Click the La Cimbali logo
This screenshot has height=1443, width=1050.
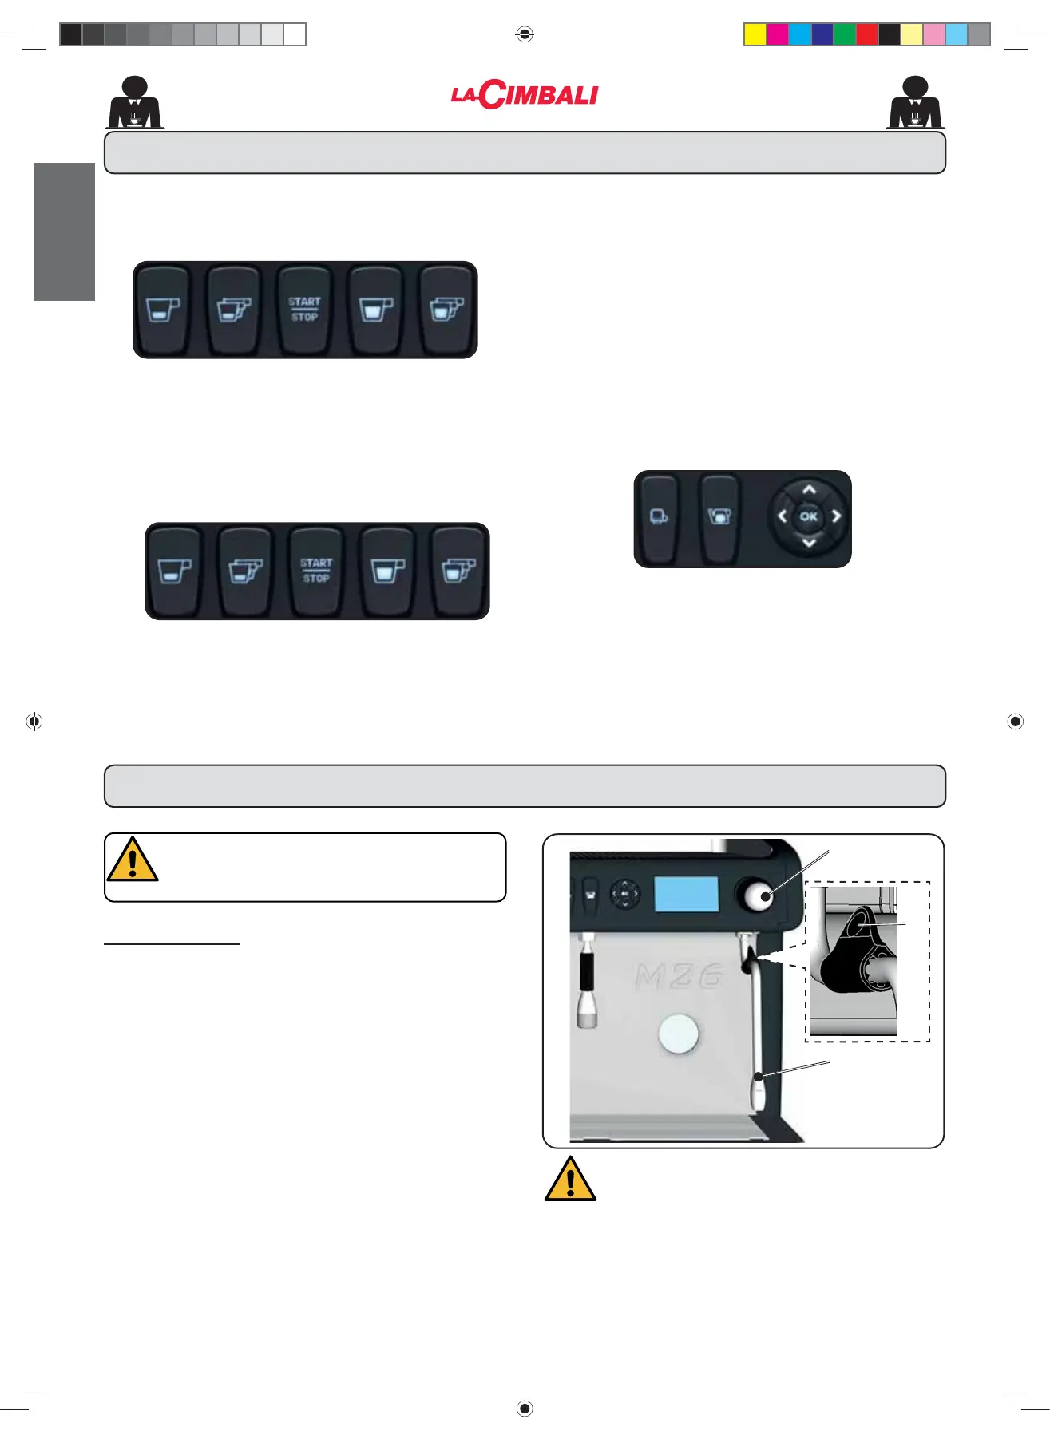click(x=525, y=95)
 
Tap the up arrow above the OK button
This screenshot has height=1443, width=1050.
click(x=809, y=490)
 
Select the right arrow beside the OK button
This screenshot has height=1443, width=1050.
click(x=836, y=516)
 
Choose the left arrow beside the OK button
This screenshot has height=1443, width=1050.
click(x=783, y=516)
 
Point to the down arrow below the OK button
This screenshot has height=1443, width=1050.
click(x=809, y=543)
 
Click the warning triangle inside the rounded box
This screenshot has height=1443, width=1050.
click(x=133, y=860)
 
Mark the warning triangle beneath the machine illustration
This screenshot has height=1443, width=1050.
click(x=570, y=1180)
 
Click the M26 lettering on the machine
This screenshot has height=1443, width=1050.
click(x=679, y=975)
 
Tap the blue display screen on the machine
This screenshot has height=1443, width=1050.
click(x=686, y=894)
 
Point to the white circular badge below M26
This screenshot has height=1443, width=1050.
click(x=679, y=1034)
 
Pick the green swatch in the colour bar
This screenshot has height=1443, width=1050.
click(x=844, y=34)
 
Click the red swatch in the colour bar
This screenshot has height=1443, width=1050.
click(x=866, y=34)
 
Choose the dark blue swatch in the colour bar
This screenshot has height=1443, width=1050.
click(x=822, y=34)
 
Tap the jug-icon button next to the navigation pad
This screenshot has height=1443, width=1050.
click(x=719, y=517)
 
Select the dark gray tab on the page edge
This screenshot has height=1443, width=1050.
click(x=64, y=231)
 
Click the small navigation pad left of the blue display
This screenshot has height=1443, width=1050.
click(x=624, y=894)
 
